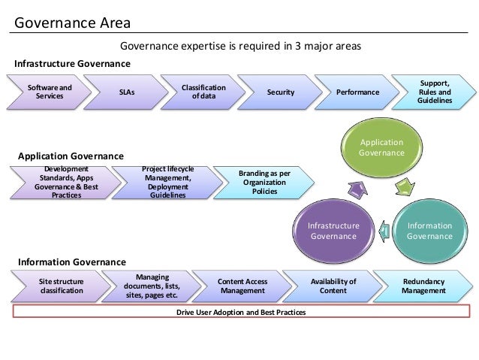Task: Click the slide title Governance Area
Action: click(x=72, y=22)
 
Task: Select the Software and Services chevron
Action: click(x=50, y=92)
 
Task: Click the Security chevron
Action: click(x=281, y=92)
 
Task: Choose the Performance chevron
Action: click(x=357, y=92)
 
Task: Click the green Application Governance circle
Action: click(x=381, y=147)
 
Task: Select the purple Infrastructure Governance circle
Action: click(x=334, y=231)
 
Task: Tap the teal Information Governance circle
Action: click(x=429, y=231)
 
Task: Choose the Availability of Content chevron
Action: click(x=333, y=286)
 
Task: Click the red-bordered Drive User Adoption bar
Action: click(x=241, y=312)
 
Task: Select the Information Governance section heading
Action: click(x=71, y=262)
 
